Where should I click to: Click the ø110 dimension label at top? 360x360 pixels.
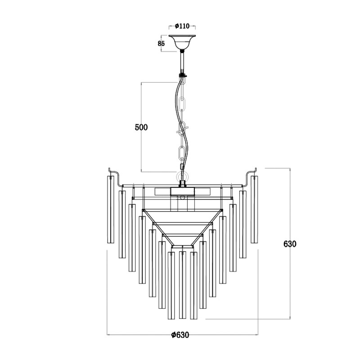tap(182, 27)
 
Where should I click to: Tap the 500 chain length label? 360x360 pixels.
tap(141, 127)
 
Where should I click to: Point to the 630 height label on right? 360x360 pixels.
tap(290, 244)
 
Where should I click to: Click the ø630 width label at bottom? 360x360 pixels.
tap(180, 335)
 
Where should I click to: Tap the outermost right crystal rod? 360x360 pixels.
tap(255, 209)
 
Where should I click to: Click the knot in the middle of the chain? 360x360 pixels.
tap(181, 131)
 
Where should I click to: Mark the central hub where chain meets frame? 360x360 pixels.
tap(183, 184)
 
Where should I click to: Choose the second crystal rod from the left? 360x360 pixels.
tap(121, 224)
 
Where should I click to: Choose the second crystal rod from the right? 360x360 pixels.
tap(243, 224)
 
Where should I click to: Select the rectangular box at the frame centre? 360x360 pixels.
tap(182, 191)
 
